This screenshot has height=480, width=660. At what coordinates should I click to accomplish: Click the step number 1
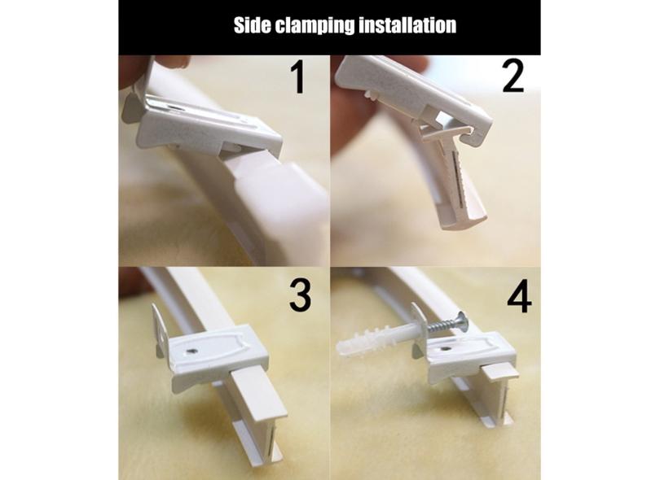pyautogui.click(x=298, y=77)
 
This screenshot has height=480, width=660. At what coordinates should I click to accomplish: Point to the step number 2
pyautogui.click(x=513, y=76)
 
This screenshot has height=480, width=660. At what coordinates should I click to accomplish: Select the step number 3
pyautogui.click(x=301, y=296)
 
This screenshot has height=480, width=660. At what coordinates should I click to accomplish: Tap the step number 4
pyautogui.click(x=519, y=297)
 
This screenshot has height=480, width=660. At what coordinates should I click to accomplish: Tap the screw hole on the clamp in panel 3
pyautogui.click(x=193, y=349)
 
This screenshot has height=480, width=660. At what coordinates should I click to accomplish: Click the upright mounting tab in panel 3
pyautogui.click(x=159, y=331)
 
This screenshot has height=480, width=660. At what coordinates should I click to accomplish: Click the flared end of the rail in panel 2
pyautogui.click(x=464, y=218)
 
